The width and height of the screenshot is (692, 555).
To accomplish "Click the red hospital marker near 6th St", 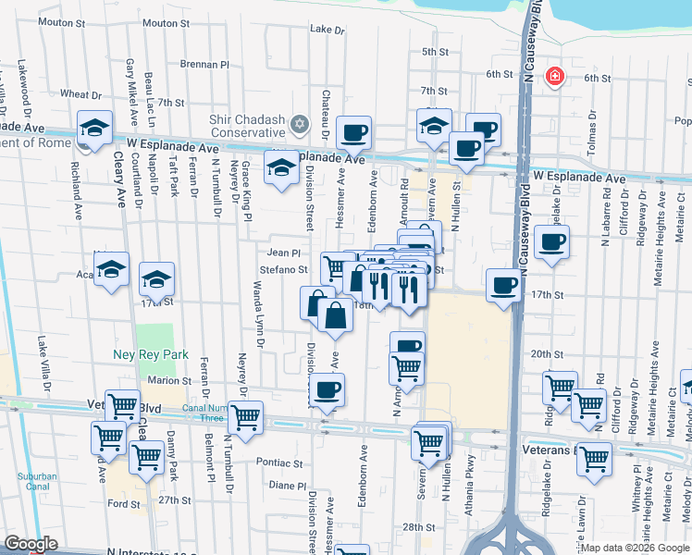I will click(554, 77).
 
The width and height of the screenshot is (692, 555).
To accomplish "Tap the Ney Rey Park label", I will click(163, 354).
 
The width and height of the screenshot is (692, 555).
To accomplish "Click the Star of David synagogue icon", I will click(299, 124).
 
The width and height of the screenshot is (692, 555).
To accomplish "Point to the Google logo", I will click(31, 545).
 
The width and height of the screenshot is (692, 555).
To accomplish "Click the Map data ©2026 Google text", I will click(635, 548).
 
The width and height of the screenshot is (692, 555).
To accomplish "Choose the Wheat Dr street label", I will click(80, 94).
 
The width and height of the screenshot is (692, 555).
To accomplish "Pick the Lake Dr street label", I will click(327, 30).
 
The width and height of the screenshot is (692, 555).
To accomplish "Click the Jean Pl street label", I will click(284, 253).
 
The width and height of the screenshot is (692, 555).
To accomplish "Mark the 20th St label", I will click(547, 354).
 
